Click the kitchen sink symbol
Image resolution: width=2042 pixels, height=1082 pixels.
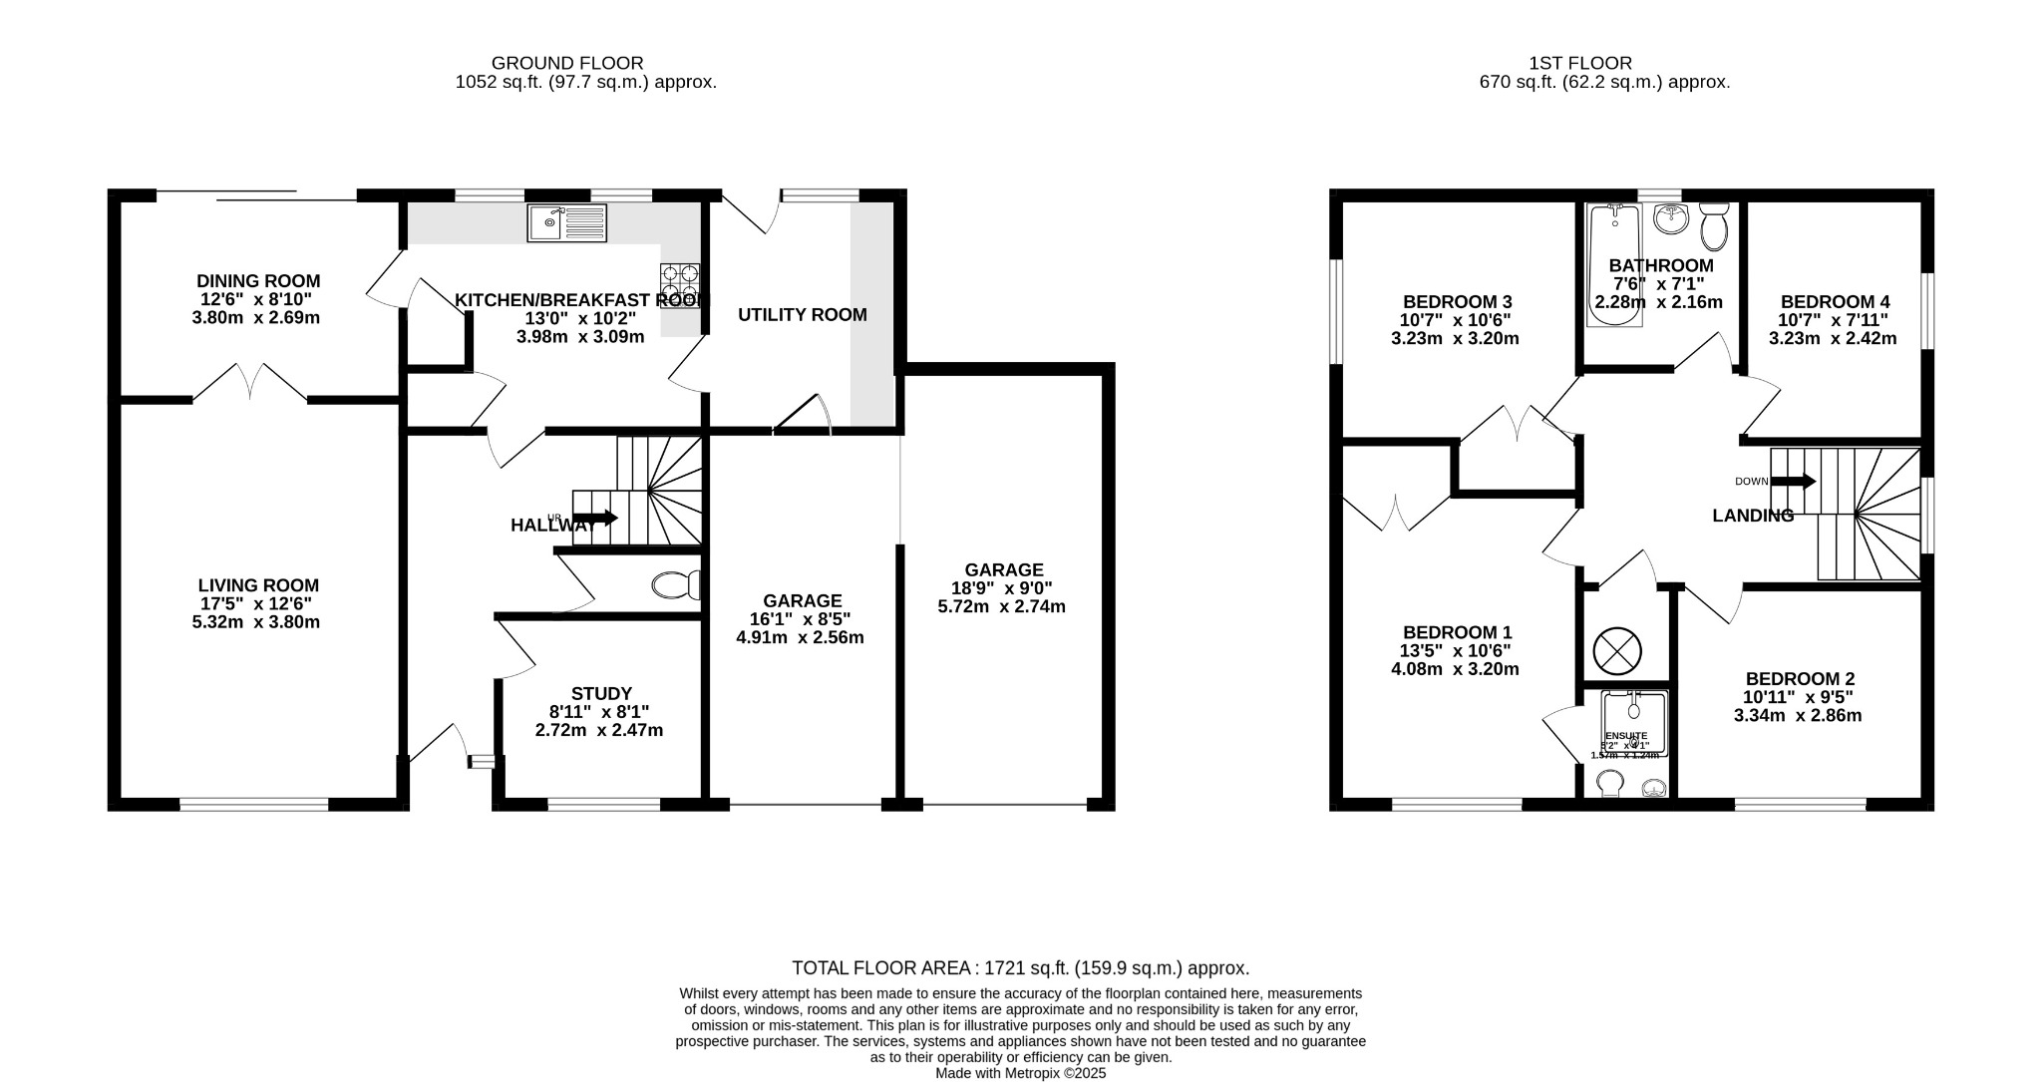tap(566, 222)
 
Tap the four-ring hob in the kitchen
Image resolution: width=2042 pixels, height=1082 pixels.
tap(679, 281)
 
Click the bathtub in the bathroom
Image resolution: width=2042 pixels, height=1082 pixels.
tap(1614, 265)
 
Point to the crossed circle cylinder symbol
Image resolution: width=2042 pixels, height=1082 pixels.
tap(1617, 651)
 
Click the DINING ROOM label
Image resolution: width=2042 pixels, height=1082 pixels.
tap(258, 281)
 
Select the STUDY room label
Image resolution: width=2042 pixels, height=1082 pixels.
tap(601, 694)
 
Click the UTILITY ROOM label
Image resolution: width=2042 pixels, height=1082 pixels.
tap(802, 315)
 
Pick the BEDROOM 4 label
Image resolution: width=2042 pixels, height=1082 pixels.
tap(1835, 302)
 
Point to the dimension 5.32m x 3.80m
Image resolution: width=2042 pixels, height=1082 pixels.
tap(256, 622)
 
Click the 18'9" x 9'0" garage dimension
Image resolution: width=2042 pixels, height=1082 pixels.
tap(1003, 588)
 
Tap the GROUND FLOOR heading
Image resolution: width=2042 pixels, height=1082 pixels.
tap(567, 63)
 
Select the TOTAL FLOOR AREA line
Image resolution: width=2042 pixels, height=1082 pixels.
tap(1020, 967)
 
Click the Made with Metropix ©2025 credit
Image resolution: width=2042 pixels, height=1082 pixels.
tap(1020, 1074)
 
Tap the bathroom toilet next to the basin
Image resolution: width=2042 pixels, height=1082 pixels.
tap(1714, 227)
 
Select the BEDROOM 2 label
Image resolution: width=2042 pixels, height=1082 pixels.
tap(1799, 679)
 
